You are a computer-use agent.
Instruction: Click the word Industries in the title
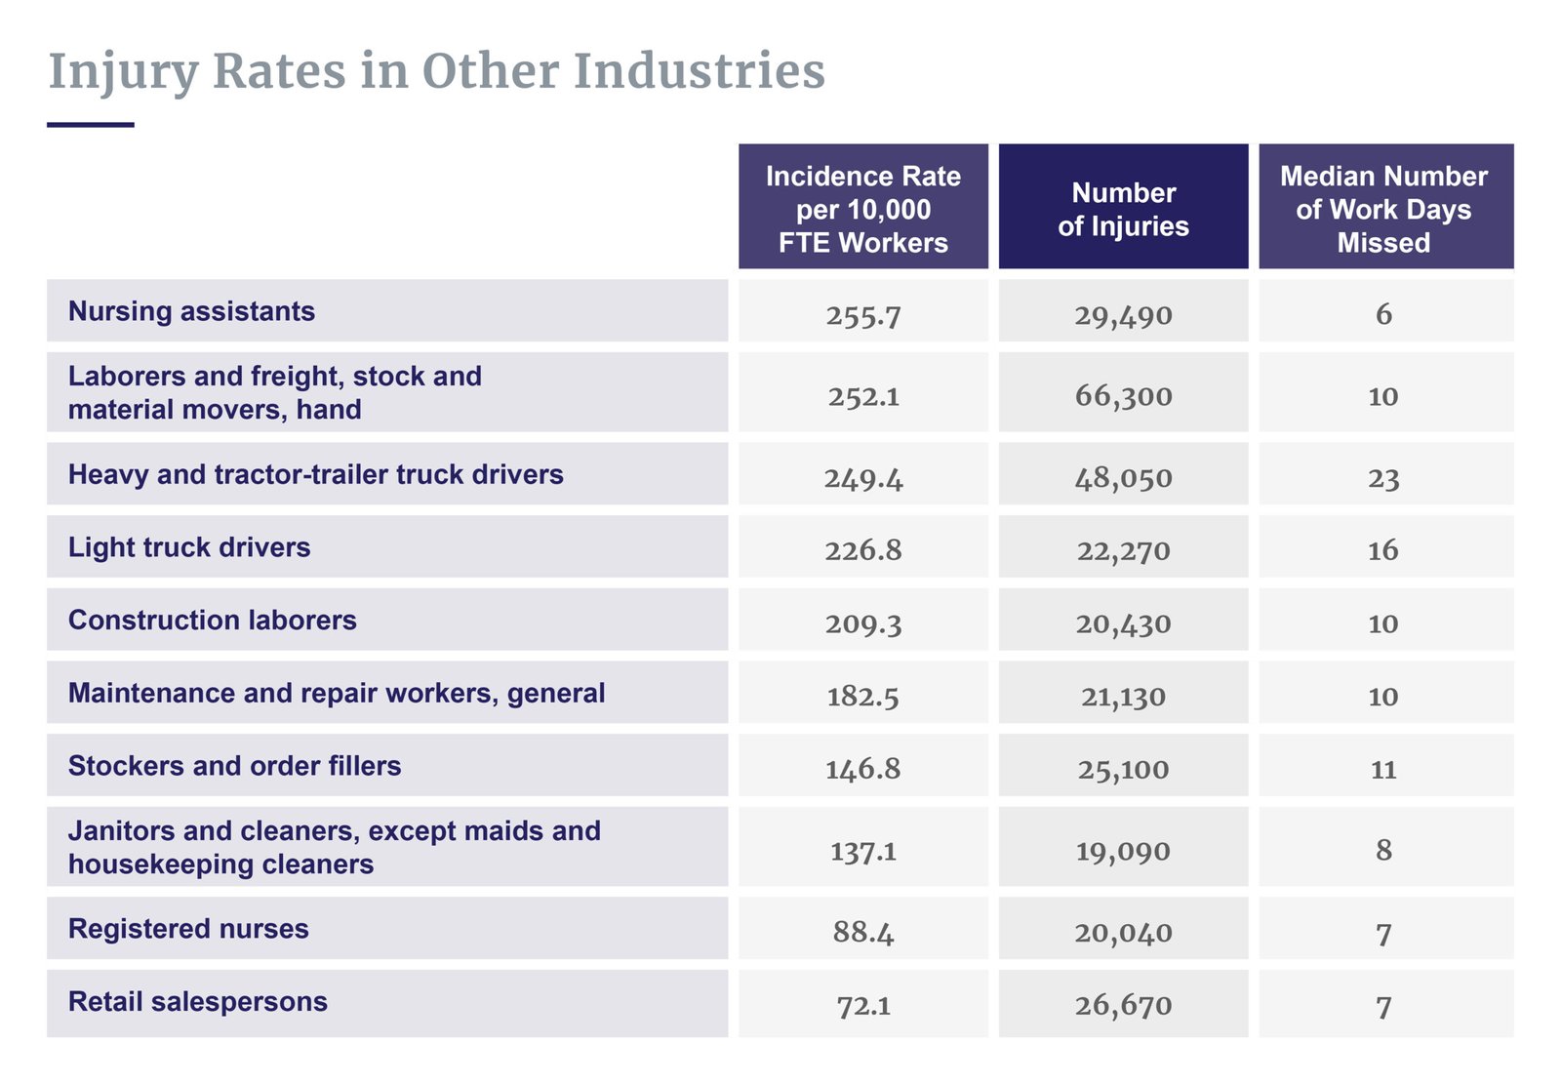pos(699,71)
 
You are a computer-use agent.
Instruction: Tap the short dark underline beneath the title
pos(90,125)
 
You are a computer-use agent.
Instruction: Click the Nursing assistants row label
pos(191,311)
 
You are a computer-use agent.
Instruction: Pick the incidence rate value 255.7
pos(863,315)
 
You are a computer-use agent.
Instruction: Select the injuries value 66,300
pos(1123,396)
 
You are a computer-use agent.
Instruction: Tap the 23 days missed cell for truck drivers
pos(1383,478)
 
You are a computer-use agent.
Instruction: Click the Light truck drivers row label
pos(189,547)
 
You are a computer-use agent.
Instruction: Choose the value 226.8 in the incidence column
pos(863,550)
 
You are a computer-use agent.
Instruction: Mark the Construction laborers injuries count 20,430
pos(1123,623)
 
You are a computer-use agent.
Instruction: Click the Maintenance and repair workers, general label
pos(337,693)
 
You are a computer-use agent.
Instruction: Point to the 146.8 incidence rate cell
pos(863,769)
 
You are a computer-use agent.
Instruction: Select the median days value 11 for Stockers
pos(1383,769)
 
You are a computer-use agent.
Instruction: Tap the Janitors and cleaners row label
pos(334,847)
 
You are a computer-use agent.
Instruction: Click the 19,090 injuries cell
pos(1123,851)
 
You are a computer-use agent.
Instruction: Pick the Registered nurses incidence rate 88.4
pos(863,932)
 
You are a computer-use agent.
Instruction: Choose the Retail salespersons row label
pos(197,1002)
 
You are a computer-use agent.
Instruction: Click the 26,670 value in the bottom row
pos(1123,1005)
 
